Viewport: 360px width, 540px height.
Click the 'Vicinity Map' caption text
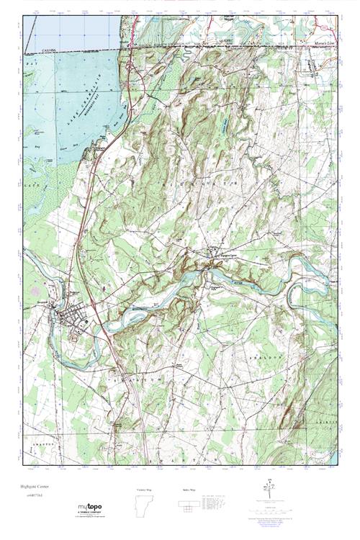144,490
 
